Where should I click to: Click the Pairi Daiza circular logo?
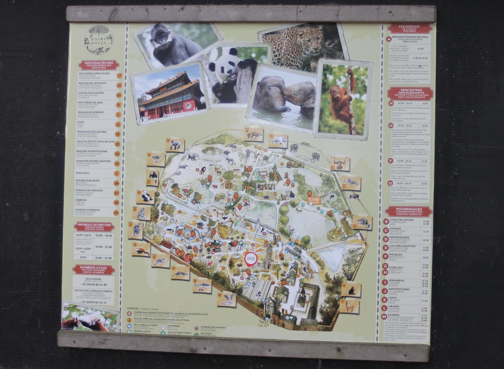(x=99, y=40)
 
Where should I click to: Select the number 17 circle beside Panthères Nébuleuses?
(x=119, y=76)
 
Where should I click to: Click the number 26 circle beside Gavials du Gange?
(x=119, y=95)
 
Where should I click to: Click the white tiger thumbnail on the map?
(x=278, y=140)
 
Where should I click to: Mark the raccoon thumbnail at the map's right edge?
(x=362, y=222)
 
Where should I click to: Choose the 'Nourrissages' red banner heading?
(x=409, y=210)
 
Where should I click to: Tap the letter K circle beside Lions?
(x=386, y=300)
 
